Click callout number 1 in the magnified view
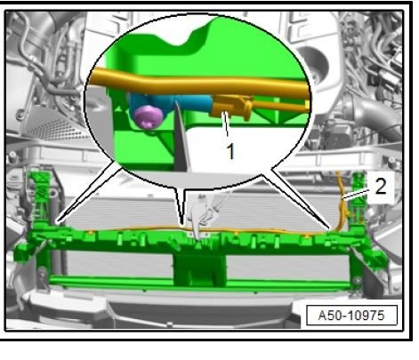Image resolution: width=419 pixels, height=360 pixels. coord(230,151)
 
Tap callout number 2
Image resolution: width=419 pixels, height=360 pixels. coord(381,187)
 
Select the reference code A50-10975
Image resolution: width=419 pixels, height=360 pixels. coord(351,316)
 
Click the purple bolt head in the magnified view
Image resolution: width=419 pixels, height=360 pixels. coord(149,116)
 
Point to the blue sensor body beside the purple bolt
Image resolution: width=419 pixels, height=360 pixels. coord(184,104)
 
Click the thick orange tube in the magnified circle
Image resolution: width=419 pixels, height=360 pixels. coord(198,82)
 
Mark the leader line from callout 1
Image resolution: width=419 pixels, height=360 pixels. coord(226,124)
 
